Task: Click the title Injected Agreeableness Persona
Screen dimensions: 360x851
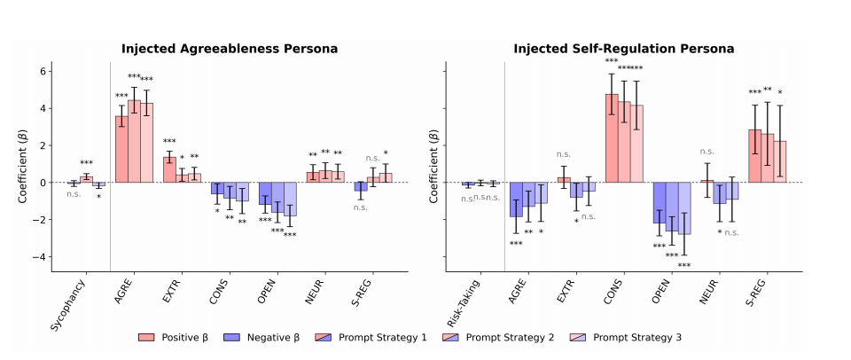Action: pyautogui.click(x=230, y=48)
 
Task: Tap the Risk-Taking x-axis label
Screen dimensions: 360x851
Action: pyautogui.click(x=466, y=304)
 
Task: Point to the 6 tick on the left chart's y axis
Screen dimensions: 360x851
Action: pyautogui.click(x=43, y=71)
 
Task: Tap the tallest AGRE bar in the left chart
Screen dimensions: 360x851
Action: pyautogui.click(x=134, y=142)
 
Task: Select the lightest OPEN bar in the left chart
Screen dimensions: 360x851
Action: pyautogui.click(x=290, y=199)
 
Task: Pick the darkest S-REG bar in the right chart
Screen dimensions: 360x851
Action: pyautogui.click(x=754, y=156)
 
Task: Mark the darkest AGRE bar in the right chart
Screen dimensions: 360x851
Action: pyautogui.click(x=515, y=200)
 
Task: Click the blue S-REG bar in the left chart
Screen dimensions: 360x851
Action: pyautogui.click(x=361, y=187)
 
